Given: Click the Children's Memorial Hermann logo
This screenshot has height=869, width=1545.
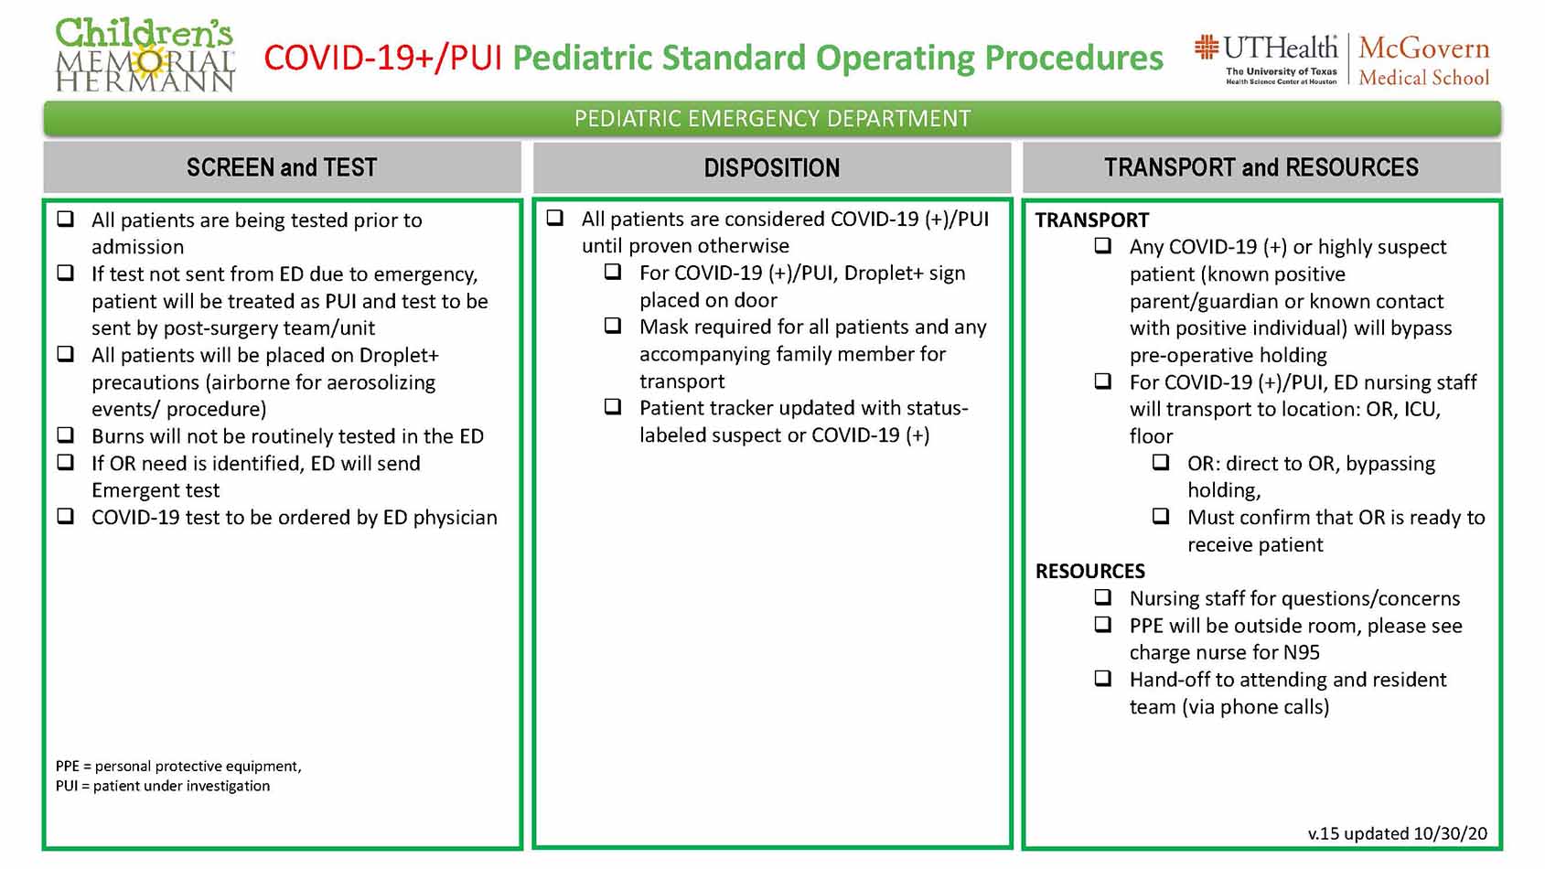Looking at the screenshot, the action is (x=145, y=55).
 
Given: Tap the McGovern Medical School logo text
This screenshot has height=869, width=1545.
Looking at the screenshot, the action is (x=1423, y=60).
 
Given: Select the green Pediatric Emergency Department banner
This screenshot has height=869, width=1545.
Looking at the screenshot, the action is (x=772, y=119).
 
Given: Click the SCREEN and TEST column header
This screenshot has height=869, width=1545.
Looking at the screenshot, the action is (x=282, y=167).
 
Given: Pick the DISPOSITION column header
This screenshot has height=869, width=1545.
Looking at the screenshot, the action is (x=772, y=167).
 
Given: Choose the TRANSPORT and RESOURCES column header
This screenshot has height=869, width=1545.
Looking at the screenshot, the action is (x=1261, y=167).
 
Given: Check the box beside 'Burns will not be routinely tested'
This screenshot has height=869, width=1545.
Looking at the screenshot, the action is (x=66, y=435).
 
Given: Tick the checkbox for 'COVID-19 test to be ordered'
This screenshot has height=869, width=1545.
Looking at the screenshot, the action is (x=66, y=516).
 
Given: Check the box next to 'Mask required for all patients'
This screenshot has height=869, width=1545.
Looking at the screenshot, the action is (x=613, y=326).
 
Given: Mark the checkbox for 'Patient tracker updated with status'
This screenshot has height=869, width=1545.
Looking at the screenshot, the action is (x=613, y=406).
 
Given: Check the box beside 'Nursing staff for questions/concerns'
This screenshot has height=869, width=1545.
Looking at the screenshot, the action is (x=1103, y=597).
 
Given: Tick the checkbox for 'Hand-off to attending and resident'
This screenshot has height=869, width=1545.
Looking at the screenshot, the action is (x=1103, y=679).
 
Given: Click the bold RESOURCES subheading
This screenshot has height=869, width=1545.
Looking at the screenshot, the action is (x=1089, y=571).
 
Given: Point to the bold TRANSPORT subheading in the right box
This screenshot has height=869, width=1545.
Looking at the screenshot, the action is (x=1092, y=220).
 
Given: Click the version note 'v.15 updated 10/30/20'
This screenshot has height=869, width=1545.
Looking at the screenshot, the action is (x=1398, y=834).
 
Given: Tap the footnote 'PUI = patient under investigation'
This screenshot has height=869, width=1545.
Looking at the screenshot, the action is (x=163, y=787).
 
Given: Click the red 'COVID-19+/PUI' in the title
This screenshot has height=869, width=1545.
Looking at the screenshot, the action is (x=382, y=58).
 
